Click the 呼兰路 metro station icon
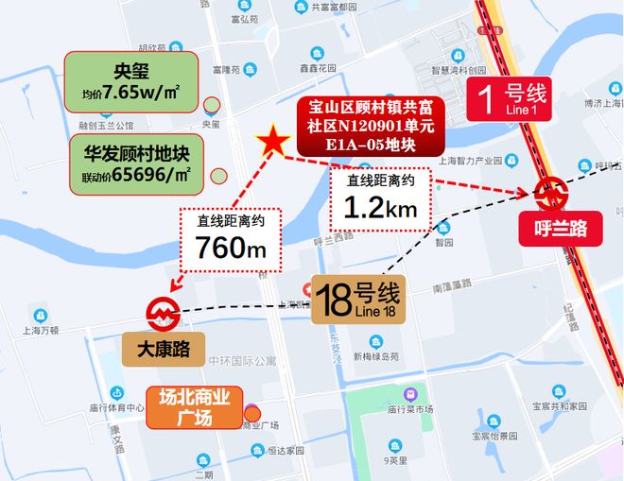point(548,194)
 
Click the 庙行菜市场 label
point(410,407)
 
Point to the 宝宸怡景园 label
point(494,436)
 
